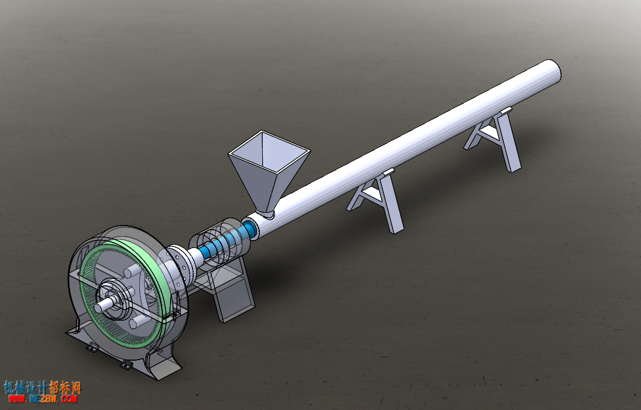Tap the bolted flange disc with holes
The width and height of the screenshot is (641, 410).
[180, 264]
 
